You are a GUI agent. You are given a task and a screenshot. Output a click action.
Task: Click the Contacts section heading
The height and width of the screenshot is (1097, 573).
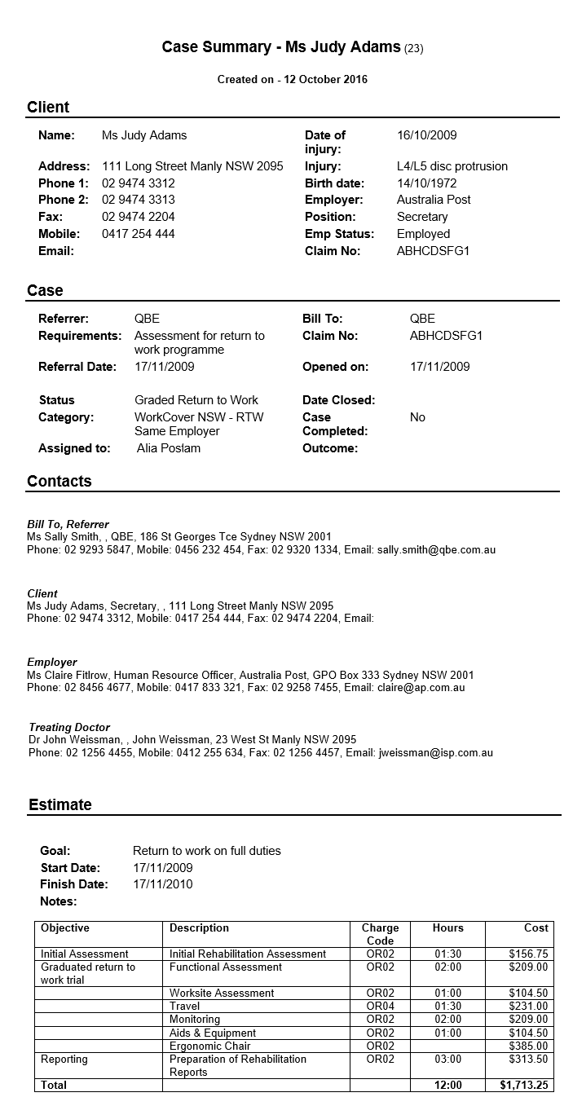pyautogui.click(x=60, y=481)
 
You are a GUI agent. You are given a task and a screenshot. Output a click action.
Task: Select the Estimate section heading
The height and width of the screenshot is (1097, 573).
pyautogui.click(x=60, y=804)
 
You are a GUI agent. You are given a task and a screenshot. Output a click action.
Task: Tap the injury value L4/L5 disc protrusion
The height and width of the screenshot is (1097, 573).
pyautogui.click(x=452, y=166)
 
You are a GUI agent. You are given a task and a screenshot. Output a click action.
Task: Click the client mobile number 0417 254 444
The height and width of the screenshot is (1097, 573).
pyautogui.click(x=138, y=234)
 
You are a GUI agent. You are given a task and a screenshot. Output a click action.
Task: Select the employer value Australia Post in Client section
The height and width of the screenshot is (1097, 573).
pyautogui.click(x=434, y=200)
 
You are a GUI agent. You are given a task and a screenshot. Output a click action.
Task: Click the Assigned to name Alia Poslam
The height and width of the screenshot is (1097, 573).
pyautogui.click(x=169, y=448)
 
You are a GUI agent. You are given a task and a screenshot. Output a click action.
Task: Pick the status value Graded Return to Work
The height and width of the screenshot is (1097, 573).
pyautogui.click(x=196, y=400)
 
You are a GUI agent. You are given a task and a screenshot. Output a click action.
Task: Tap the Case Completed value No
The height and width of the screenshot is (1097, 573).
pyautogui.click(x=417, y=417)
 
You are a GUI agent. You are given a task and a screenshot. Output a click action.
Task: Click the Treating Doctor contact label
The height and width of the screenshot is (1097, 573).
pyautogui.click(x=69, y=727)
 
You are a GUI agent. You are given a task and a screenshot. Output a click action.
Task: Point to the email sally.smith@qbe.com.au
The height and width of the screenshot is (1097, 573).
pyautogui.click(x=436, y=550)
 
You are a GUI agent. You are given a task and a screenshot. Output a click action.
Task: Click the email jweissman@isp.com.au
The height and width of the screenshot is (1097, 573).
pyautogui.click(x=436, y=753)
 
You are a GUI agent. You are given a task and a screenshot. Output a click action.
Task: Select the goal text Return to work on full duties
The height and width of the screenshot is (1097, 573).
pyautogui.click(x=207, y=851)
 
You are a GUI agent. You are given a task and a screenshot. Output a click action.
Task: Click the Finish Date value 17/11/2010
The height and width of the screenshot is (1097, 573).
pyautogui.click(x=163, y=884)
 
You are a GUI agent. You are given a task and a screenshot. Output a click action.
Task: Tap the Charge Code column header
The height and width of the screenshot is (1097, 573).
pyautogui.click(x=380, y=934)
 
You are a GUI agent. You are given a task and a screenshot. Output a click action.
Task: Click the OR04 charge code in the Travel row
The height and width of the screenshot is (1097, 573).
pyautogui.click(x=380, y=1007)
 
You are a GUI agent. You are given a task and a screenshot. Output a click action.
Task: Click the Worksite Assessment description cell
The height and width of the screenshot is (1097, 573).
pyautogui.click(x=222, y=993)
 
